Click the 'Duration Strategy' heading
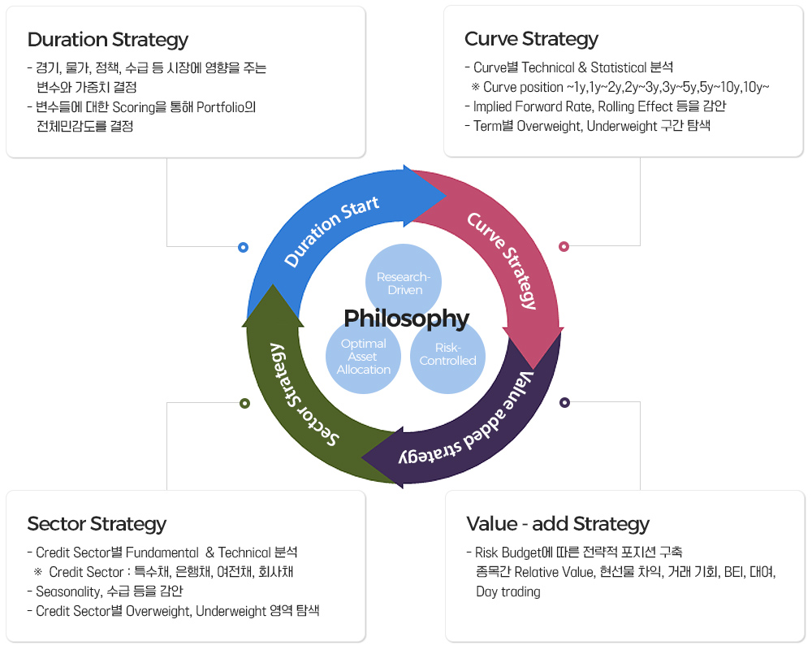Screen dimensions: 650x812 [x=108, y=39]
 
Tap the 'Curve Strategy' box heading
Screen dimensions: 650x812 [x=531, y=38]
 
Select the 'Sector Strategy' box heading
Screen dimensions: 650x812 [x=97, y=523]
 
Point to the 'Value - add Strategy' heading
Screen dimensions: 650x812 [x=558, y=523]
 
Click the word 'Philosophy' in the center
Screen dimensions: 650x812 [x=406, y=318]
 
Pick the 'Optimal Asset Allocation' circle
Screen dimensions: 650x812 [x=364, y=356]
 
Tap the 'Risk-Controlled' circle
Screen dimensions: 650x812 [x=447, y=354]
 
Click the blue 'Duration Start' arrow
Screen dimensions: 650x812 [x=333, y=229]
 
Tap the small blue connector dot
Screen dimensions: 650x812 [x=244, y=247]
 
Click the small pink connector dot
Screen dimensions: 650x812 [x=564, y=246]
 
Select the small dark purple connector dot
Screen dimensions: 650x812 [x=565, y=402]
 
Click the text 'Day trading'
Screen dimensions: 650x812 [x=508, y=591]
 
